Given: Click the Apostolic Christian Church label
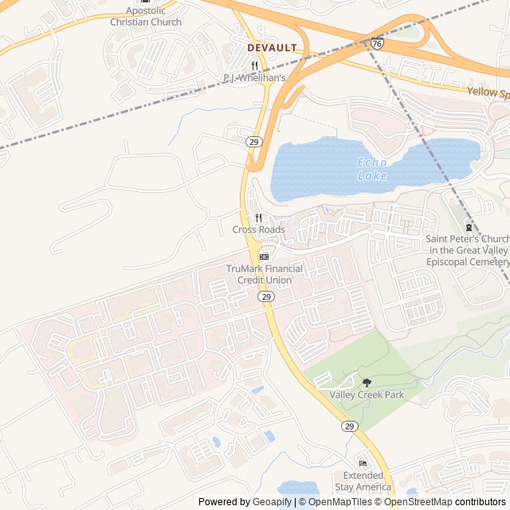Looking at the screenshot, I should pos(145,17).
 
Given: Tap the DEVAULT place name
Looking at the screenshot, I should pos(272,48).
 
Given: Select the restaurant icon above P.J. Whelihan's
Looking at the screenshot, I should pos(254,65).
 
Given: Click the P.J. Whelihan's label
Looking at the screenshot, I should pos(253,77).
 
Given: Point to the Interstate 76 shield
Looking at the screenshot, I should pos(376,45).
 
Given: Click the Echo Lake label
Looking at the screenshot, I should pos(372,169).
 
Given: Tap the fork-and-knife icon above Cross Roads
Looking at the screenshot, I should pos(258,218).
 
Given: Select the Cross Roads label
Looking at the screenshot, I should pos(258,229).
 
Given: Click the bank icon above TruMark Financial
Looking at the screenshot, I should pos(264,256).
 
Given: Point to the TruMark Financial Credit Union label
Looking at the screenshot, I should pos(258,274).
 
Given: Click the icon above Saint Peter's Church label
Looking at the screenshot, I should pos(468,226).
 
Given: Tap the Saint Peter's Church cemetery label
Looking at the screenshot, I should pos(467,250).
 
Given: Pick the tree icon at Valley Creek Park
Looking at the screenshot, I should pos(367,382).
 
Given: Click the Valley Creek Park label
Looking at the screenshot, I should pos(367,394).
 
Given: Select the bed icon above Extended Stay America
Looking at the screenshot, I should pos(363,463).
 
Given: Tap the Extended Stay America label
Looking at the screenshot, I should pos(363,481).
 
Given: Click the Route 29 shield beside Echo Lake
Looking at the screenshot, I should pos(253,141).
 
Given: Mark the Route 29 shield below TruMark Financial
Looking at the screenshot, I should pos(266,296).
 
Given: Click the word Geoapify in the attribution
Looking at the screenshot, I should pos(272,502).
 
